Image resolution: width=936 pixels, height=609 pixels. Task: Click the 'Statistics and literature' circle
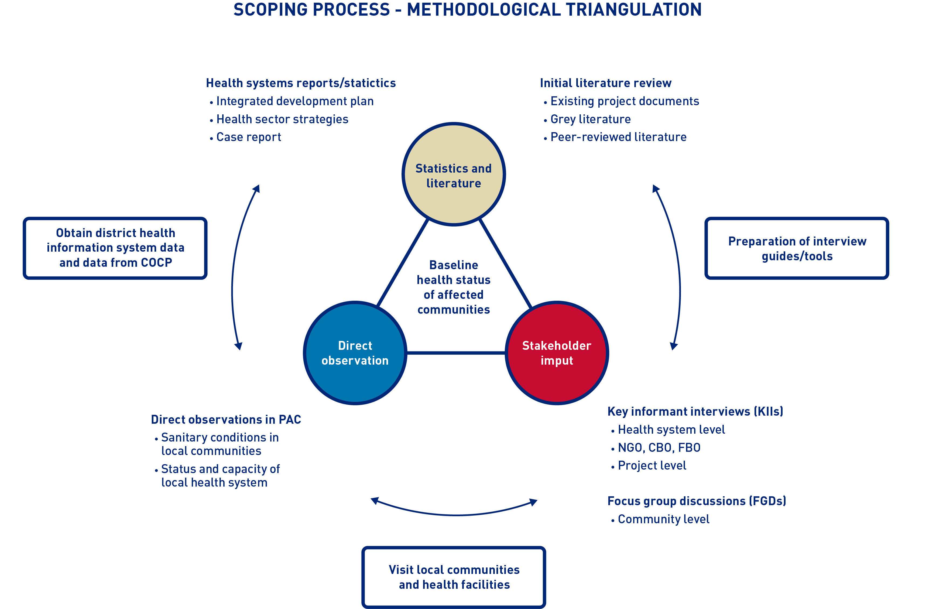coord(454,174)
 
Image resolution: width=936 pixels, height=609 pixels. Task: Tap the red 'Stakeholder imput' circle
coord(557,353)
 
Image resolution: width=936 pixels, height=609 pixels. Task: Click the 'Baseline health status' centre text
coord(454,287)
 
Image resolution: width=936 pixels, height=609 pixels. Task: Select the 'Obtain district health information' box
coord(115,248)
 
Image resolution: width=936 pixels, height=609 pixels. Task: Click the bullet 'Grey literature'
coord(590,119)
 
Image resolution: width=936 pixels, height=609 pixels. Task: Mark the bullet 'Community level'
coord(663,519)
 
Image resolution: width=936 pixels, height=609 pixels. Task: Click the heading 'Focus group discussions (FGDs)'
coord(697,501)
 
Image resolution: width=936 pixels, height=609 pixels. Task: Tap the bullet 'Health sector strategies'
coord(282,119)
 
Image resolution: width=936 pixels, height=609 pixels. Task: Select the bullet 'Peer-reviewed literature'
coord(618,137)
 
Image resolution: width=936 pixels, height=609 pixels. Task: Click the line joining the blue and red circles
coord(456,353)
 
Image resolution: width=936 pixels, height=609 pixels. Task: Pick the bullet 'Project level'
coord(652,466)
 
